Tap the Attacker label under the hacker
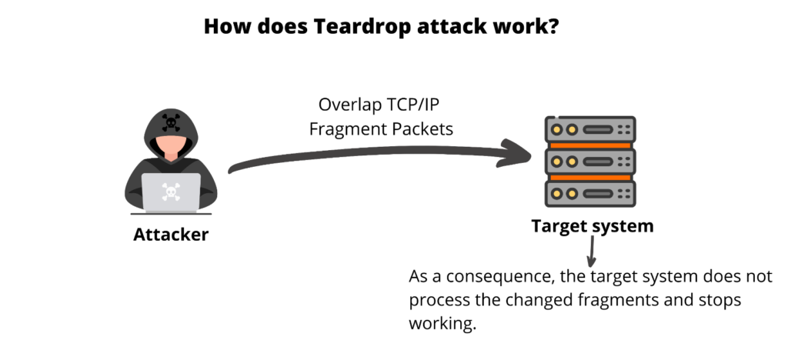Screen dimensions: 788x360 click(171, 235)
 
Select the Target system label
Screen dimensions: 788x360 click(593, 226)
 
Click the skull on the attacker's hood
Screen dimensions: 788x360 click(171, 122)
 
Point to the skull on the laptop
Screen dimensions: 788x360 click(171, 192)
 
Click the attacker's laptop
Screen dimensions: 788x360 click(171, 193)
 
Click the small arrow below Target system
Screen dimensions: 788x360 click(592, 251)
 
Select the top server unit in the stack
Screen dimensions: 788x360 click(590, 129)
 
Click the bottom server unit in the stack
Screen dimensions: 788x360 click(590, 194)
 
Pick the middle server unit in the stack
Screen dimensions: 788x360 click(590, 162)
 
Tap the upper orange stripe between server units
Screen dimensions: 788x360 click(590, 145)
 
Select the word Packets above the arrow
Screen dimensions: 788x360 click(422, 129)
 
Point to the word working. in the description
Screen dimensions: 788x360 click(442, 323)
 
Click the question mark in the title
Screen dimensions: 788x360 click(553, 27)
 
